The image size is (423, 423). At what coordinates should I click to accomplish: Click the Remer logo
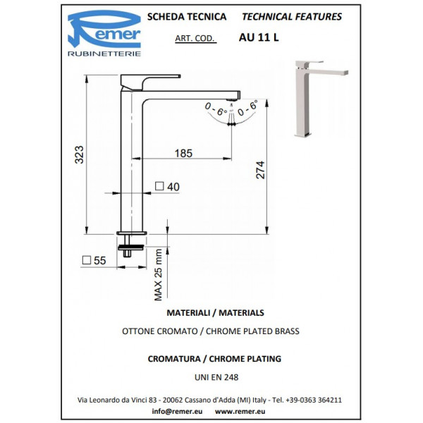[104, 33]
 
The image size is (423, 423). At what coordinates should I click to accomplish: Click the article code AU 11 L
[259, 37]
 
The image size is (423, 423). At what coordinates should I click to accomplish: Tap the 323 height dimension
[79, 154]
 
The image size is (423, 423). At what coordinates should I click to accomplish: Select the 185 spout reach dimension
[183, 153]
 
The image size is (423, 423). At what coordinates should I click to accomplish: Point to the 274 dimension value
[260, 170]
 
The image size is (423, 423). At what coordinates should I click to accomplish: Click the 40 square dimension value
[173, 187]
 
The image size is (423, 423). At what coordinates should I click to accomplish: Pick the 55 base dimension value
[100, 260]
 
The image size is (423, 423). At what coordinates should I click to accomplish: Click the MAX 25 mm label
[158, 275]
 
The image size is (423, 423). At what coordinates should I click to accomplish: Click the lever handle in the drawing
[150, 82]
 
